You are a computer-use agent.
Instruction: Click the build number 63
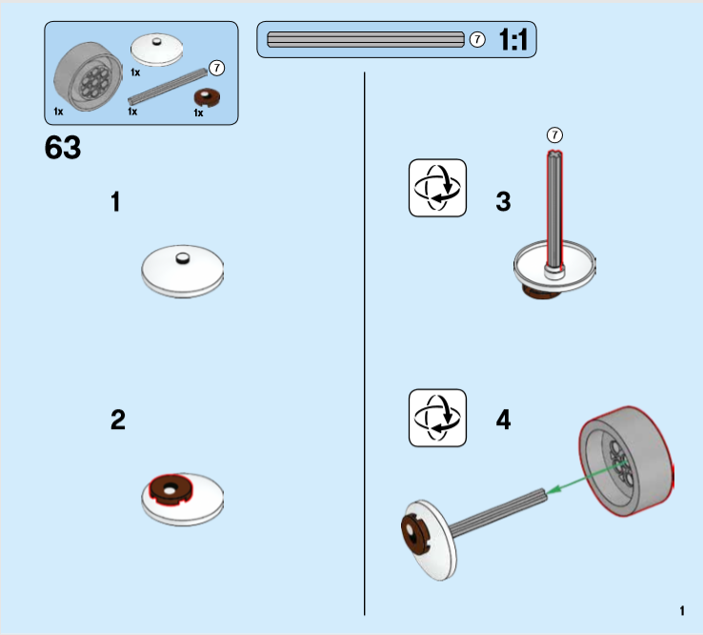(x=63, y=150)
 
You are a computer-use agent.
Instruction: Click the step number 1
(x=116, y=202)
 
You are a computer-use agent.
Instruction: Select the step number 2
(x=118, y=420)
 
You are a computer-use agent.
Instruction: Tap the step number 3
(x=503, y=202)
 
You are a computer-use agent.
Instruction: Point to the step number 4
(x=503, y=420)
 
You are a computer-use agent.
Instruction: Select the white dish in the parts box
(x=155, y=49)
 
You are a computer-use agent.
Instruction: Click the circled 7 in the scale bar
(x=477, y=40)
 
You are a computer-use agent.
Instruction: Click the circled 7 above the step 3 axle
(x=557, y=134)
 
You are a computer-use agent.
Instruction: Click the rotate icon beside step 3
(x=437, y=188)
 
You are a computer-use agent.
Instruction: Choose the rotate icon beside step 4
(x=437, y=418)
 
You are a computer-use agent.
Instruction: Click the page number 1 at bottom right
(x=682, y=610)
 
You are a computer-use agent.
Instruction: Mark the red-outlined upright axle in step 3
(x=554, y=210)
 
